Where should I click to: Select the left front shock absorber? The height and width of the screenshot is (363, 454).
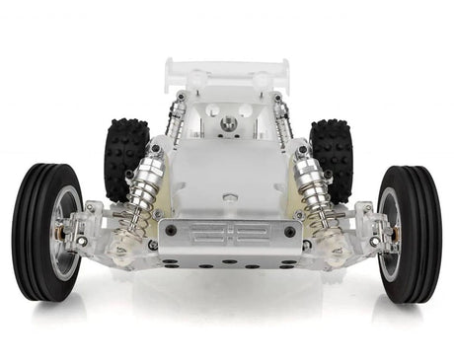(143, 197)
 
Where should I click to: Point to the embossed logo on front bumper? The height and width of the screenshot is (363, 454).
(227, 233)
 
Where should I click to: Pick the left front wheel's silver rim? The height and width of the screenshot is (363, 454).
(63, 231)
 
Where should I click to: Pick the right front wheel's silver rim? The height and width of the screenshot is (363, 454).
(391, 231)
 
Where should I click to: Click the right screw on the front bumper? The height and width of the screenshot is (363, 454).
(289, 231)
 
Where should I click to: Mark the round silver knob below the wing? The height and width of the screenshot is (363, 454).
(228, 123)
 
